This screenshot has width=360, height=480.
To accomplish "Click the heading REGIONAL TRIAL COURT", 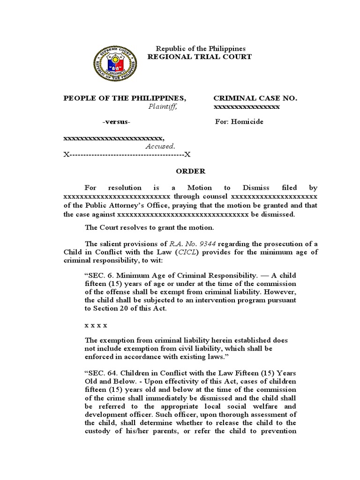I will (x=200, y=57).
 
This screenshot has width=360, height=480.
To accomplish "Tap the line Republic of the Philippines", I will (x=201, y=49).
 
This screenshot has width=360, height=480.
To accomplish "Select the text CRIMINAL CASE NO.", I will (x=255, y=98).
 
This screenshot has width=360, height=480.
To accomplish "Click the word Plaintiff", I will (x=163, y=107).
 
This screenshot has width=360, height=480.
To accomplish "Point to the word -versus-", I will (x=117, y=122).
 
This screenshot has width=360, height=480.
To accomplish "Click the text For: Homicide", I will (x=239, y=122).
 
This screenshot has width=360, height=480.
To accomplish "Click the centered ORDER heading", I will (x=190, y=172).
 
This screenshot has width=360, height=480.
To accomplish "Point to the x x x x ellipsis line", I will (x=96, y=324).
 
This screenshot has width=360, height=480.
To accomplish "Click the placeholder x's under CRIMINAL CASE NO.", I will (x=247, y=107).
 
